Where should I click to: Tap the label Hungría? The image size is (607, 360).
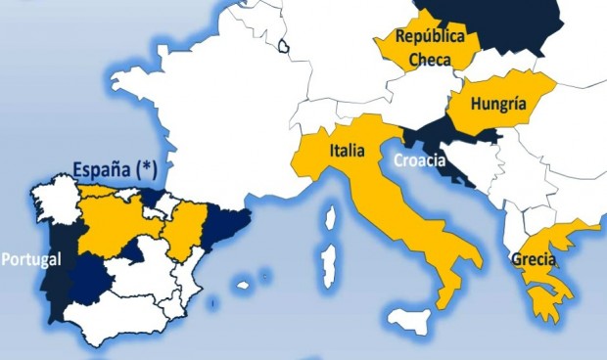click(x=498, y=103)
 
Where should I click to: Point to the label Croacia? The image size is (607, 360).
click(x=419, y=160)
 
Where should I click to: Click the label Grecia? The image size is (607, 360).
click(x=534, y=261)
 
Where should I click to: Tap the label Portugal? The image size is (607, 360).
click(x=32, y=259)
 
